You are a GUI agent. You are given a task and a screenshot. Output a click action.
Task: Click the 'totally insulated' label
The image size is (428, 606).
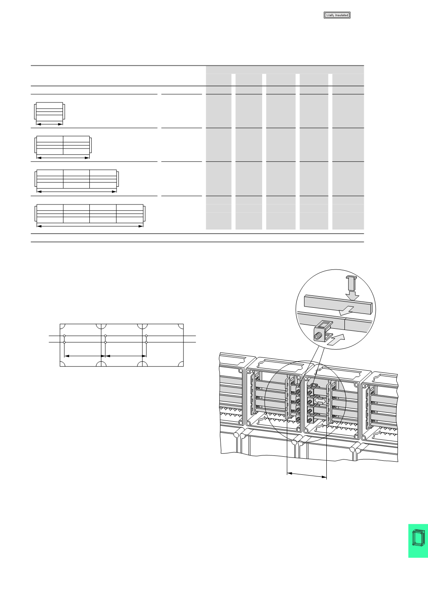pyautogui.click(x=337, y=15)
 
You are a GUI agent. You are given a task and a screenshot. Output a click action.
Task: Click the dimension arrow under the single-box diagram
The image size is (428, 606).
pyautogui.click(x=49, y=123)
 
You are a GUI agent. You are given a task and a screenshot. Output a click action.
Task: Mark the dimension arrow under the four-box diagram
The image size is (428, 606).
pyautogui.click(x=90, y=226)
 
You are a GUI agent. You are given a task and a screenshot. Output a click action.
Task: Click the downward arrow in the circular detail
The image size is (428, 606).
pyautogui.click(x=352, y=295)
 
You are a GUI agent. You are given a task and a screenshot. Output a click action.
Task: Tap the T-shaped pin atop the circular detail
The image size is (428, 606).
pyautogui.click(x=350, y=281)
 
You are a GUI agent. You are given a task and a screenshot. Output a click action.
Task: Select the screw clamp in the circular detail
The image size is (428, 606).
pyautogui.click(x=321, y=332)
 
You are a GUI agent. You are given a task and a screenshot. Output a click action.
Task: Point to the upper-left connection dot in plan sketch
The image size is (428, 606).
pyautogui.click(x=64, y=336)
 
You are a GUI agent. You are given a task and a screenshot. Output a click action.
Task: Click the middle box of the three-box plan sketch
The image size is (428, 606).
pyautogui.click(x=122, y=345)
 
